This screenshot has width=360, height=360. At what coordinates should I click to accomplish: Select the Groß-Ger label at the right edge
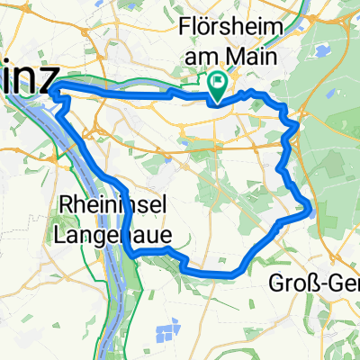(315, 284)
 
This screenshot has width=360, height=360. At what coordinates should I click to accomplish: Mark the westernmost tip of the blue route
(55, 87)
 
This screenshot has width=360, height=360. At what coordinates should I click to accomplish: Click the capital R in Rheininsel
(67, 206)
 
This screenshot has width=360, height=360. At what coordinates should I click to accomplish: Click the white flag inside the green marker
(218, 82)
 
